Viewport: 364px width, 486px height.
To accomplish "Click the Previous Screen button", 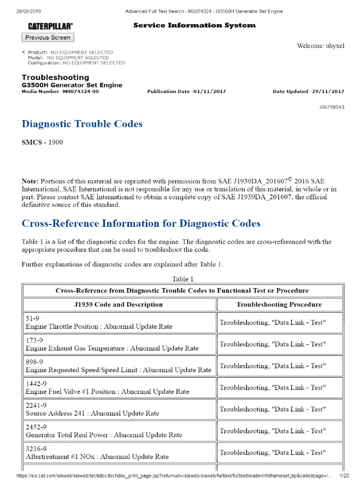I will coord(48,37).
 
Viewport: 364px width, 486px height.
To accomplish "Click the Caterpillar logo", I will coord(50,26).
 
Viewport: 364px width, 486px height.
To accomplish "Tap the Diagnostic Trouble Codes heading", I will coord(82,124).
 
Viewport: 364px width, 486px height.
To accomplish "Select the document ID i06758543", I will coord(332,107).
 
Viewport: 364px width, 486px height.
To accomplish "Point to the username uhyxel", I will coord(334,46).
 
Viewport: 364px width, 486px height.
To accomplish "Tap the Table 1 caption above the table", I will coord(183,279).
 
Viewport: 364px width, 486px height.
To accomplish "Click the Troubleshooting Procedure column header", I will coord(279,305).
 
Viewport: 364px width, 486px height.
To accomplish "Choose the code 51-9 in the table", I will coord(33,319).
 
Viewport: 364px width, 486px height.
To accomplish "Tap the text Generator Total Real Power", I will coord(69,435).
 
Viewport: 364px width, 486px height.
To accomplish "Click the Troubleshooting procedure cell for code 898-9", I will coord(273,366).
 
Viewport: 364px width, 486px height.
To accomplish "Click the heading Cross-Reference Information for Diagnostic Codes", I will coord(141,224).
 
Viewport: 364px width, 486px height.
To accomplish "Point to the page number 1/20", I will coord(345,476).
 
